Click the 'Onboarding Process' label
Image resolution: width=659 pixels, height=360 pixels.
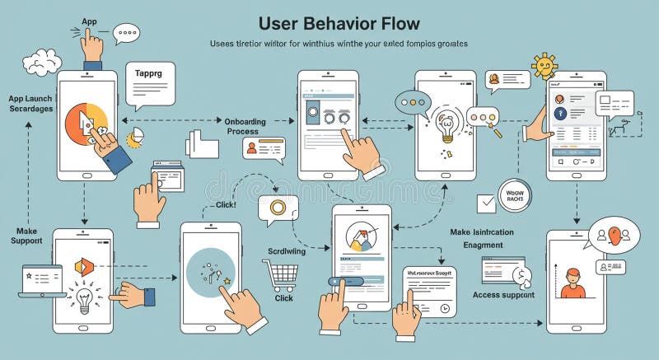pyautogui.click(x=245, y=126)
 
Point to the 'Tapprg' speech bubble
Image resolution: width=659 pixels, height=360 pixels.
pyautogui.click(x=150, y=82)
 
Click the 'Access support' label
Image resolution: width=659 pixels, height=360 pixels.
pyautogui.click(x=503, y=295)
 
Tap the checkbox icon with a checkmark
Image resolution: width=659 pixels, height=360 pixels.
pyautogui.click(x=488, y=201)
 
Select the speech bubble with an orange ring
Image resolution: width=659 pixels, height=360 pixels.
pyautogui.click(x=278, y=209)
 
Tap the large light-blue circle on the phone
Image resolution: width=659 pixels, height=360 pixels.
pyautogui.click(x=210, y=271)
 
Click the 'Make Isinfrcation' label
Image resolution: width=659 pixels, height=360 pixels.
pyautogui.click(x=482, y=232)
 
